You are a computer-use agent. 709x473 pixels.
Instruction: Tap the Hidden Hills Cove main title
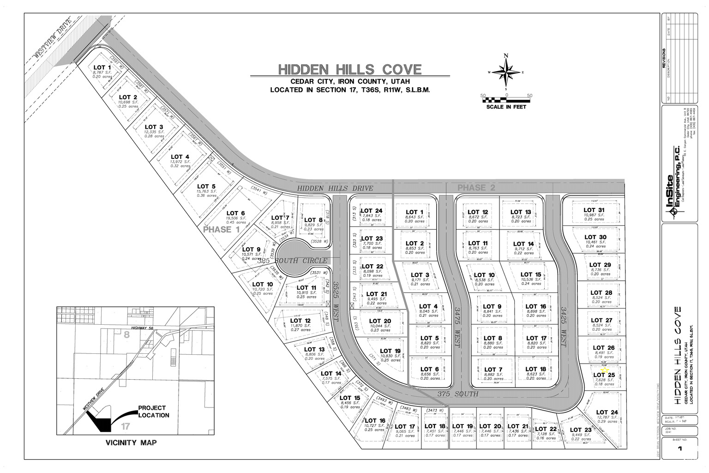350,70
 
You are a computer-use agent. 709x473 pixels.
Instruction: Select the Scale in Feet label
506,107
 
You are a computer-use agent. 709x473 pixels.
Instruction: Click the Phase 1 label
222,230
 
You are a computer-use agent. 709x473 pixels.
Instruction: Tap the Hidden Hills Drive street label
335,188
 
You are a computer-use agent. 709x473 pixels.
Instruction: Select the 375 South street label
457,394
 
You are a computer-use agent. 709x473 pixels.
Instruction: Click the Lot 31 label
594,210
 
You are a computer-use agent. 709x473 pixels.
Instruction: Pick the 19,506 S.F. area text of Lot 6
236,218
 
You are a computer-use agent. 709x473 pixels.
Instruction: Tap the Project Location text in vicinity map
154,412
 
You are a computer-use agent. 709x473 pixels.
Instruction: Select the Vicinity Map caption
131,443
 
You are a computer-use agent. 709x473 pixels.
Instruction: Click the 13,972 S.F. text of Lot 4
180,162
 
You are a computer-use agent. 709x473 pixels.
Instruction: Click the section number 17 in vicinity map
126,426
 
